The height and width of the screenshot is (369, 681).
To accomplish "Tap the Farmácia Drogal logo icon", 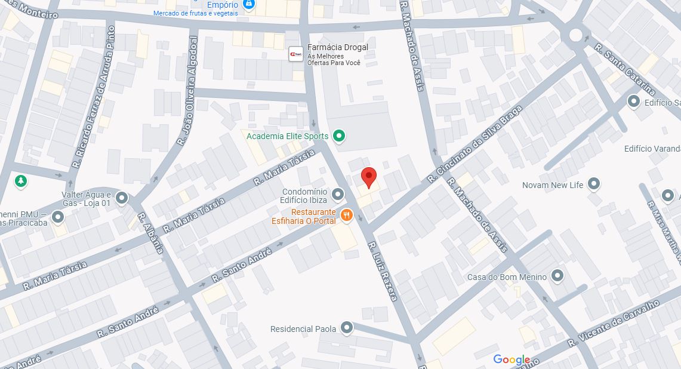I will [295, 53].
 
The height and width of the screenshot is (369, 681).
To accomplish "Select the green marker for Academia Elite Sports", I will [339, 136].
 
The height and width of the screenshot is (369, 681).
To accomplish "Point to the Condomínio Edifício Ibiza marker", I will [338, 194].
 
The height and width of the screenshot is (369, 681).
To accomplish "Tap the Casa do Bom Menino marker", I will [557, 276].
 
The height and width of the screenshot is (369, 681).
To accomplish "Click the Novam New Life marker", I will [593, 184].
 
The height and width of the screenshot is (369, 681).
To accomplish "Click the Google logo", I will [511, 359].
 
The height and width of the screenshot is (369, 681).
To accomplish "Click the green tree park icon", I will [21, 180].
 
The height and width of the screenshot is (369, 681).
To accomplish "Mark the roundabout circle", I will [575, 35].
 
